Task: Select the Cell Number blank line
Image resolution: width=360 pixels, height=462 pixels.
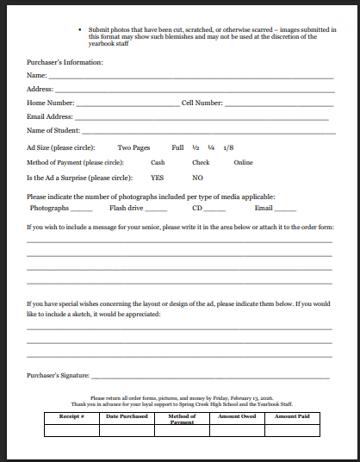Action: tap(278, 104)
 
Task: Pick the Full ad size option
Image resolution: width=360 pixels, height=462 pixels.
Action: tap(178, 147)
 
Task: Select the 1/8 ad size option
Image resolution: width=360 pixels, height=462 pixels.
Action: tap(227, 147)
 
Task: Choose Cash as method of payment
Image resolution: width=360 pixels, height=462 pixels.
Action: tap(158, 162)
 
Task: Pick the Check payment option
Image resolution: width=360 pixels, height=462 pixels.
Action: tap(201, 162)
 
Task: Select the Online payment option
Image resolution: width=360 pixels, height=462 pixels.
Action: tap(243, 162)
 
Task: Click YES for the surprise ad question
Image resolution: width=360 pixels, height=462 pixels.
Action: tap(157, 178)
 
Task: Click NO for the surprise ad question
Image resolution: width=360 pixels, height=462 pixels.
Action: tap(197, 178)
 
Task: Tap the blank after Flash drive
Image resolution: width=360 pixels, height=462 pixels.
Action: tap(156, 209)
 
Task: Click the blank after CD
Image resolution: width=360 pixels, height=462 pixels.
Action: tap(214, 209)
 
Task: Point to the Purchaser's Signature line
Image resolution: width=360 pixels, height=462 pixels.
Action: tap(210, 378)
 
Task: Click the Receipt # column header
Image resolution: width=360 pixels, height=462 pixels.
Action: tap(70, 416)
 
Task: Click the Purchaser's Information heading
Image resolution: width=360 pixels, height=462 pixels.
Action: tap(65, 63)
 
